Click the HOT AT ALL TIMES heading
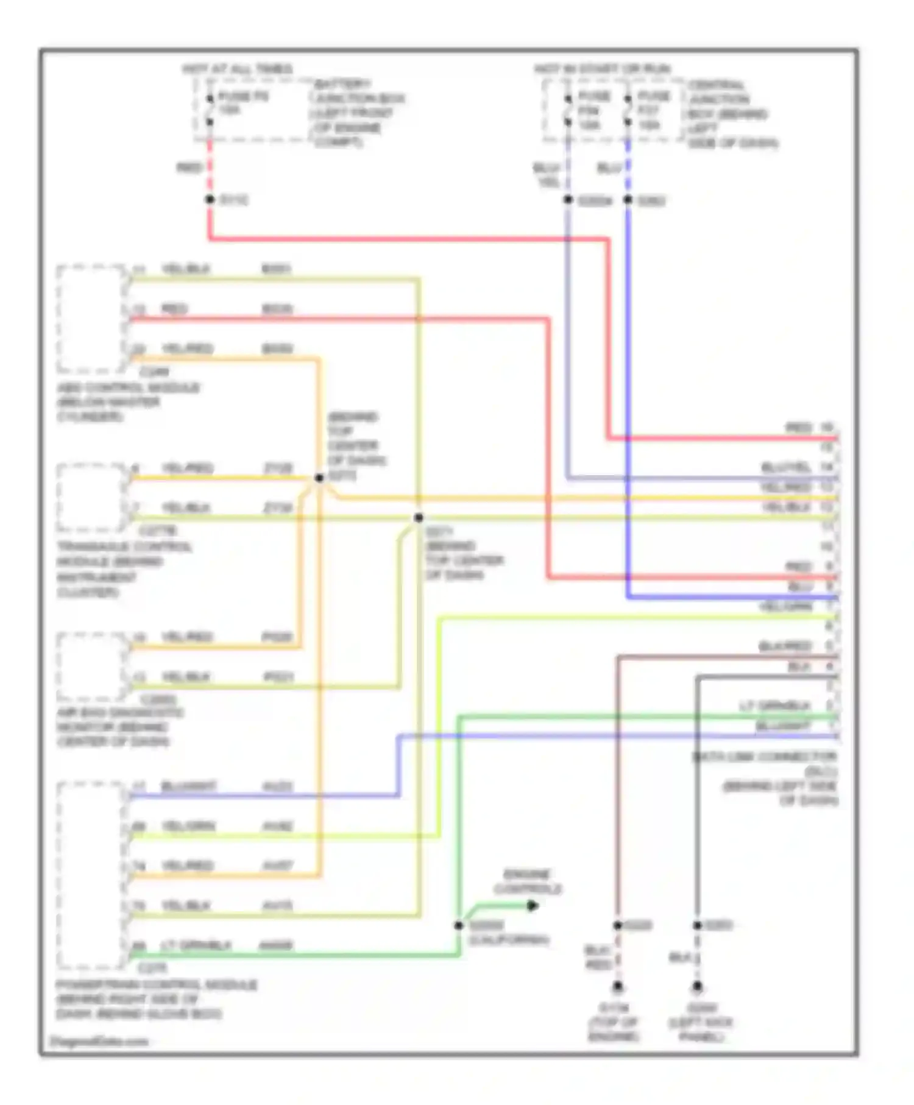(238, 69)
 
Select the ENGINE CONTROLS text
(528, 881)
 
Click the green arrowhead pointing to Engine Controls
(532, 906)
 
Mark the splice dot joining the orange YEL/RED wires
(319, 478)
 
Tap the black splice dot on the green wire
(459, 925)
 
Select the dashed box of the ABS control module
(91, 319)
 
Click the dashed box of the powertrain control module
(91, 876)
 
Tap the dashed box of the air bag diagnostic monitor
(91, 667)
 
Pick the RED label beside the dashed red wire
(189, 168)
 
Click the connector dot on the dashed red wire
(210, 199)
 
